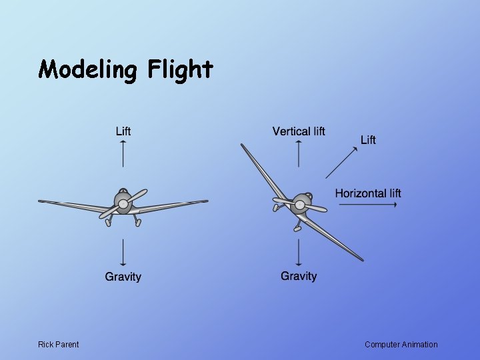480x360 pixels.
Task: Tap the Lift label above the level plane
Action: (123, 131)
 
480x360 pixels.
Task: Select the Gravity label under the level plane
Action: (123, 277)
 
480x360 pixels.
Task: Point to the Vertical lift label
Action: (299, 131)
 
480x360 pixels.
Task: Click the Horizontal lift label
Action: (368, 193)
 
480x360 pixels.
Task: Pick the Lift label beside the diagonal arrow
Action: (368, 139)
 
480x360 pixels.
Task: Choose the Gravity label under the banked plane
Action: (299, 276)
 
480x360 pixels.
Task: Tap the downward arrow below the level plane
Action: (123, 253)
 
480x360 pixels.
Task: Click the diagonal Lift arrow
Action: (342, 162)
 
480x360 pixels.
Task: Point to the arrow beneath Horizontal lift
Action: (368, 205)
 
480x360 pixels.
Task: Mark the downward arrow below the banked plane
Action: (299, 253)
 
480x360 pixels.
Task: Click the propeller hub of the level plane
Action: (123, 204)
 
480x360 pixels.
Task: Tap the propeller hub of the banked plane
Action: (300, 205)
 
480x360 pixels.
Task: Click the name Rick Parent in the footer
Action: (58, 345)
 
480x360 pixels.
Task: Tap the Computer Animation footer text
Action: (401, 345)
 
